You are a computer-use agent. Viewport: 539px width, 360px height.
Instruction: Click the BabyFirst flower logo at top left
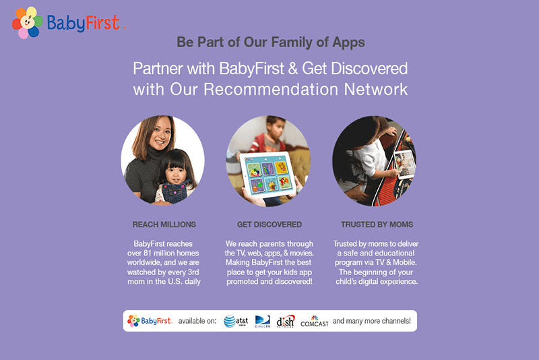point(27,22)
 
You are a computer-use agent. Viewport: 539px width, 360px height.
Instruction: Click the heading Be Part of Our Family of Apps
point(270,42)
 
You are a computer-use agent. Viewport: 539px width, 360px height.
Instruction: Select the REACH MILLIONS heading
point(164,224)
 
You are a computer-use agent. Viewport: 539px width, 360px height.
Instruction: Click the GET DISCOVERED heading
point(269,224)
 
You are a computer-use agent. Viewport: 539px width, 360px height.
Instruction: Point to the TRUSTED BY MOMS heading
point(377,224)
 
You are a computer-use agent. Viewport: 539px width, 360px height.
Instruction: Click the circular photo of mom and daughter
point(162,160)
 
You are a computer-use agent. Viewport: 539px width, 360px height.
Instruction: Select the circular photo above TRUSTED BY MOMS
point(374,160)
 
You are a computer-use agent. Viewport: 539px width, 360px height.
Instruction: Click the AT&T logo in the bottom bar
point(236,321)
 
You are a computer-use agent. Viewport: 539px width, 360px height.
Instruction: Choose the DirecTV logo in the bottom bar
point(263,321)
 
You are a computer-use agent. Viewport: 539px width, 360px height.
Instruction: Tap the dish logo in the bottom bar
point(285,321)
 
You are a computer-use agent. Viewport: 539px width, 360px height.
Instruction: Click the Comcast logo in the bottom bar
point(315,322)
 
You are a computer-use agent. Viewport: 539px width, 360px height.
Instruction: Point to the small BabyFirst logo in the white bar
point(150,321)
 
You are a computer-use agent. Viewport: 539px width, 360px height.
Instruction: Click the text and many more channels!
point(372,321)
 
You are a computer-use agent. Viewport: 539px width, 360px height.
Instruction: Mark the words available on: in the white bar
point(197,321)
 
